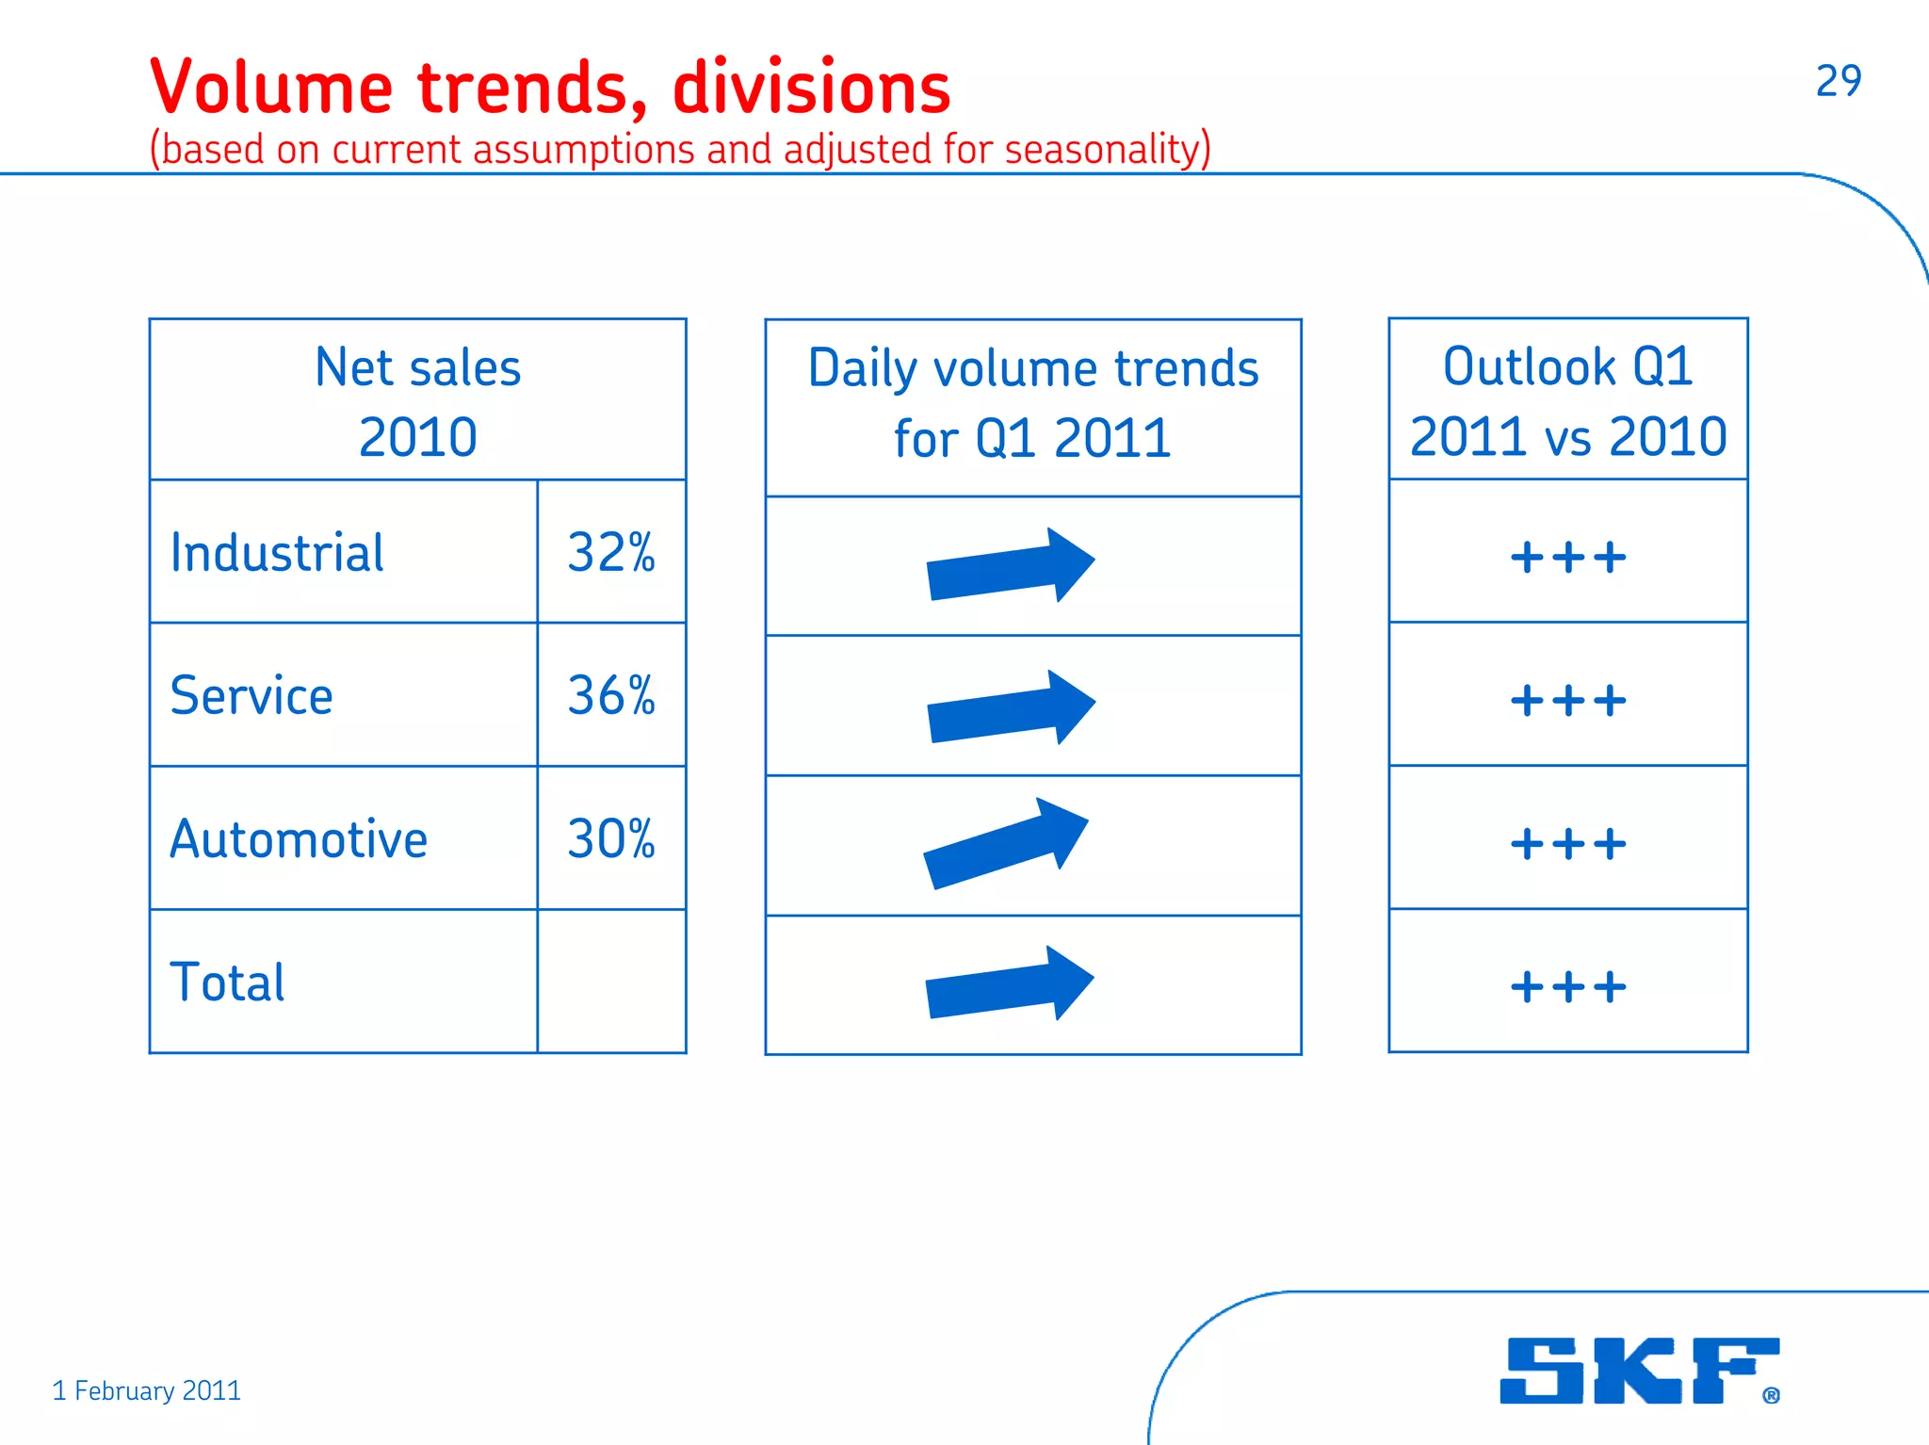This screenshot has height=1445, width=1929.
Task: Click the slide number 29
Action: click(x=1838, y=81)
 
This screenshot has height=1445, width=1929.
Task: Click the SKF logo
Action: click(x=1638, y=1371)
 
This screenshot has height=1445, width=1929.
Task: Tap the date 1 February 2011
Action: click(x=147, y=1390)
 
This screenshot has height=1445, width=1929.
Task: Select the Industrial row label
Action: click(x=277, y=553)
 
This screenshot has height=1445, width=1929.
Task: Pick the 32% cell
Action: click(x=611, y=553)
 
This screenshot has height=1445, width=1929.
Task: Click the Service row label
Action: click(x=251, y=696)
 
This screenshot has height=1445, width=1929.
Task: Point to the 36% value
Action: click(x=611, y=696)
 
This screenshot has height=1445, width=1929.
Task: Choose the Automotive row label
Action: click(x=299, y=839)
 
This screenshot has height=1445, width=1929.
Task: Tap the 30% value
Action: click(x=611, y=839)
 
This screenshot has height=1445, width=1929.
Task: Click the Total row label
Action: click(x=227, y=982)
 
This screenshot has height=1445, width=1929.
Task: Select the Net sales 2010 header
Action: click(x=417, y=401)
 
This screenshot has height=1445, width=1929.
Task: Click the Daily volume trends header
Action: click(x=1033, y=403)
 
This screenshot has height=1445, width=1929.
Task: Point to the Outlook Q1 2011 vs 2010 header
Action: click(x=1568, y=401)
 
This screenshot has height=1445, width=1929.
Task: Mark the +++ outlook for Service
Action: click(x=1568, y=701)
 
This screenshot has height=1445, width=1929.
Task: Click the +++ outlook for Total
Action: click(x=1568, y=987)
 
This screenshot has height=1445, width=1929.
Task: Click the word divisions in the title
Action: click(x=812, y=88)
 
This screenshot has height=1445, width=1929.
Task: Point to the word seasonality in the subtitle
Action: click(x=1102, y=150)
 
